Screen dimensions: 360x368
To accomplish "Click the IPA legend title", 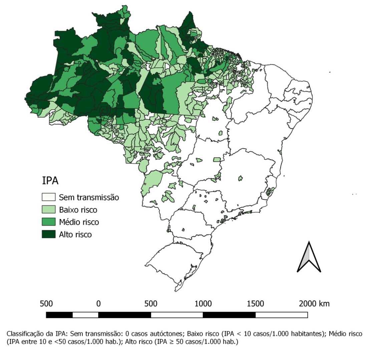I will tap(50, 181).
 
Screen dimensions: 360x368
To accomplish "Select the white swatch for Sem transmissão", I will tap(48, 197).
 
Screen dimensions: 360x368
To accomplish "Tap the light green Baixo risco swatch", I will tap(48, 210).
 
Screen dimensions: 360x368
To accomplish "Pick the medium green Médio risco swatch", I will tap(48, 222).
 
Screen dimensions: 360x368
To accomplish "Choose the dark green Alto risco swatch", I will tap(48, 234).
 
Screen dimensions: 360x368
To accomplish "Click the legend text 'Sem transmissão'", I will tap(89, 197).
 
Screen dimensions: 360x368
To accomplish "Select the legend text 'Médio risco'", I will tap(79, 222).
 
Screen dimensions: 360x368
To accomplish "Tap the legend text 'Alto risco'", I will tap(75, 234).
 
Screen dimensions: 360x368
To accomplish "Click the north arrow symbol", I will tap(309, 257).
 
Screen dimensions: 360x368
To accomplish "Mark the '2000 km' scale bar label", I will tap(314, 304).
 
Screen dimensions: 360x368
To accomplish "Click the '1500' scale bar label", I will tap(255, 304).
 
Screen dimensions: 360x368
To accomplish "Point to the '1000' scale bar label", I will tap(203, 304).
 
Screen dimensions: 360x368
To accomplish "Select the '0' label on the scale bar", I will tap(98, 304).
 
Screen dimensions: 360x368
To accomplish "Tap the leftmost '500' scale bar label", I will tap(46, 304).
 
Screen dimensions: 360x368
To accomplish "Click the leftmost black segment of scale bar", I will tap(59, 315).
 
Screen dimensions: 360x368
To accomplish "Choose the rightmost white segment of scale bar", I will tap(281, 315).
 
